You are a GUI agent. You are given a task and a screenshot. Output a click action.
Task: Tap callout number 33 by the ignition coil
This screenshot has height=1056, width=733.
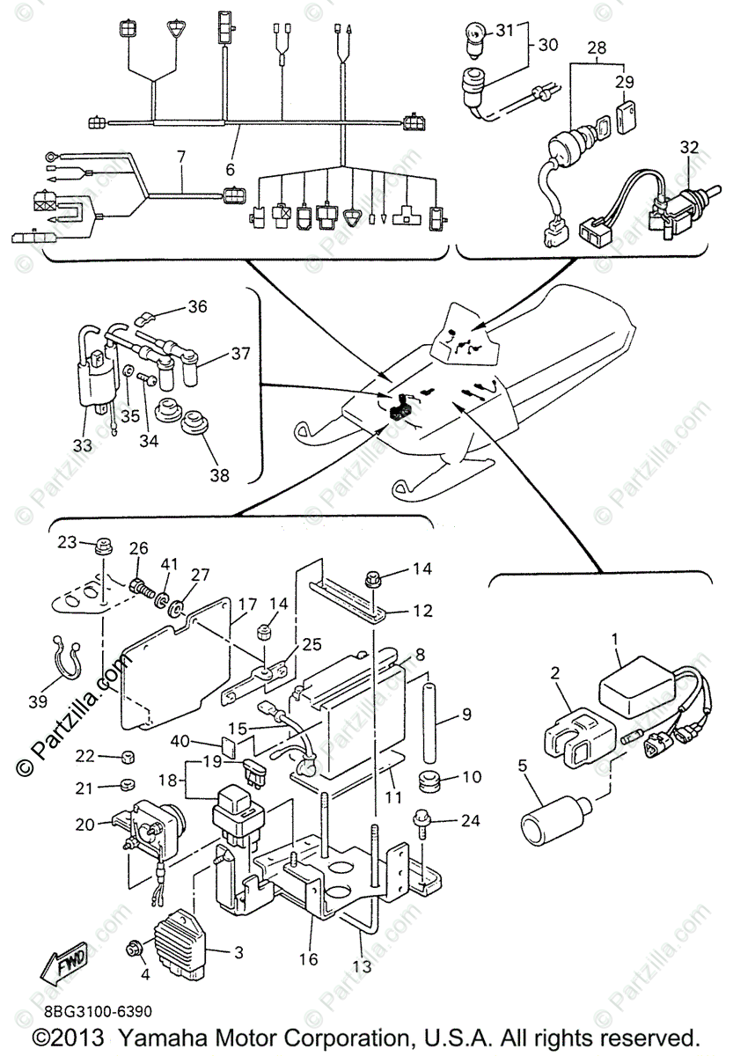[82, 445]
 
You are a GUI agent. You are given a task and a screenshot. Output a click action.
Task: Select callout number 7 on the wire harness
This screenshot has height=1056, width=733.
[180, 158]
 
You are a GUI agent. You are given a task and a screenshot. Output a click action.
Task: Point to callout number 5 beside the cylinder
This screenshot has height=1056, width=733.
[524, 766]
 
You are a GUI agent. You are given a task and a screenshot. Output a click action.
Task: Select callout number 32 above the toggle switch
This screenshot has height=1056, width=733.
[688, 148]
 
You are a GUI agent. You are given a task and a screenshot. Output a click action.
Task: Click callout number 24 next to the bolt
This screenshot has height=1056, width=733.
[471, 822]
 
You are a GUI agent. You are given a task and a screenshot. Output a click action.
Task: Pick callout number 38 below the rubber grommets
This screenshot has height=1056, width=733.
[217, 475]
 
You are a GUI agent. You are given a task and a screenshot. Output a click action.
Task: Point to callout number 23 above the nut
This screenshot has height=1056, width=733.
[68, 543]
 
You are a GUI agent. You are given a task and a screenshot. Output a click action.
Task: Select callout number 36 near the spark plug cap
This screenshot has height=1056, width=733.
[197, 308]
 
